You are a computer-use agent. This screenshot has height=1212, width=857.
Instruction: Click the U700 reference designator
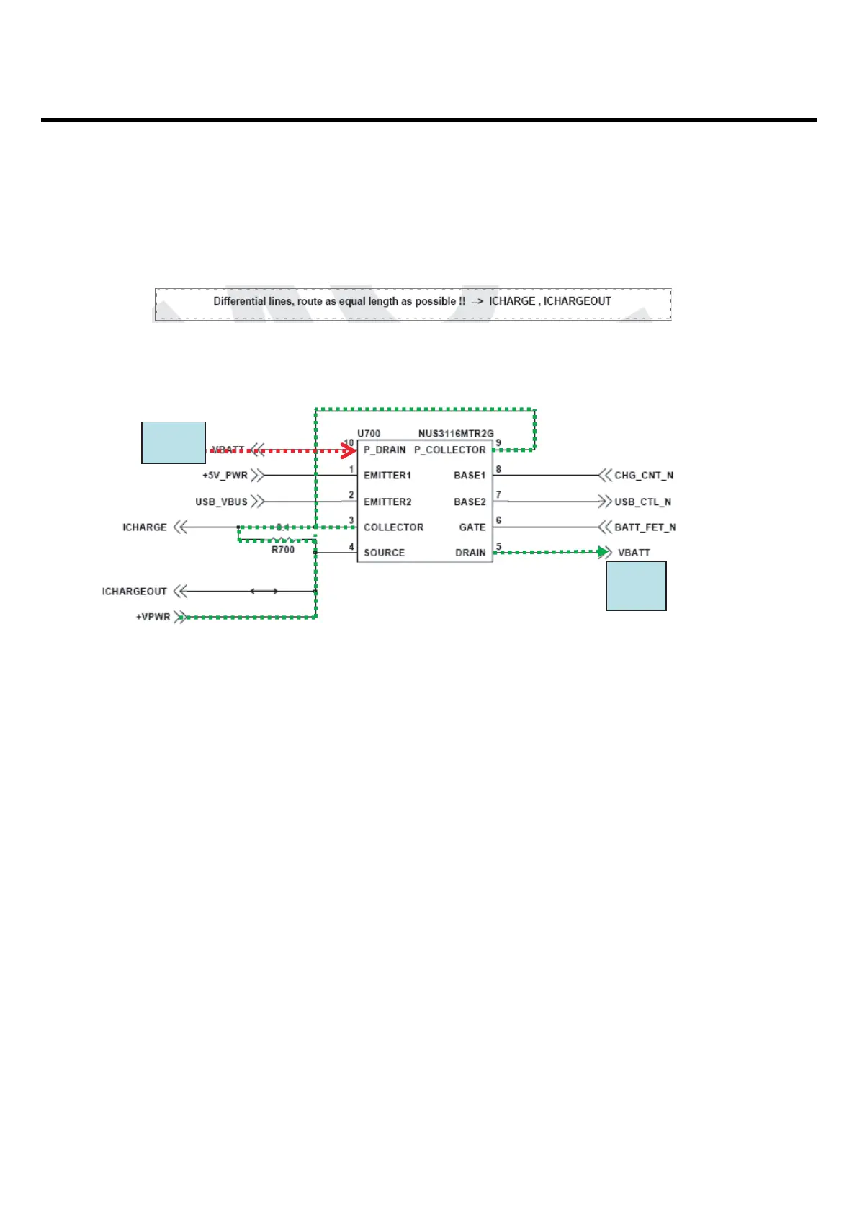coord(369,434)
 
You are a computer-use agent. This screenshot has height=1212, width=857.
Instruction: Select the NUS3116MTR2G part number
coord(456,434)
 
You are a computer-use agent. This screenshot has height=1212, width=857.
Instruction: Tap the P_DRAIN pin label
coord(385,450)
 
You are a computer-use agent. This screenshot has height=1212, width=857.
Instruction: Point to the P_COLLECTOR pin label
coord(449,450)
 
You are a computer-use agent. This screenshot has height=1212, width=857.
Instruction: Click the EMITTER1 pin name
coord(387,476)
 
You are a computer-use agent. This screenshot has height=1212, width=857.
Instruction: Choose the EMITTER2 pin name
coord(387,502)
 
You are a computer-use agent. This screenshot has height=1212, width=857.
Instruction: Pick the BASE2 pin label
coord(470,502)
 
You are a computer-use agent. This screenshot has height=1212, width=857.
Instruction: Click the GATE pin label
coord(472,527)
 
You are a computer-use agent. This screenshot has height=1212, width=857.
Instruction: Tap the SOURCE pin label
coord(384,553)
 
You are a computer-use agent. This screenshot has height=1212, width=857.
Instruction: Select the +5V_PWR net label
coord(225,476)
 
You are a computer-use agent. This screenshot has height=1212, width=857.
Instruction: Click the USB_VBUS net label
coord(221,502)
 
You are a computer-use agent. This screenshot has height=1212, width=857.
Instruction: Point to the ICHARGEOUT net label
coord(135,592)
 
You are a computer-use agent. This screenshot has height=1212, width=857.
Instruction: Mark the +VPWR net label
coord(153,618)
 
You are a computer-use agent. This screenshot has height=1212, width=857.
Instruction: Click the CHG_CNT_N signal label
coord(644,476)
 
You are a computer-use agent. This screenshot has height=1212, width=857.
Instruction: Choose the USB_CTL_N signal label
coord(642,502)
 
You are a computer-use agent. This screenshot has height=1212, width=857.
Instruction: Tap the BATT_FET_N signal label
coord(645,527)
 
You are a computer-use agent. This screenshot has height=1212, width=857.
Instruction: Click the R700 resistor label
coord(283,550)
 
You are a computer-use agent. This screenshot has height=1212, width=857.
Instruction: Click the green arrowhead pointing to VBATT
coord(604,552)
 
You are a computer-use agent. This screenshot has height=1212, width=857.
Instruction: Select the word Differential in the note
coord(239,301)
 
